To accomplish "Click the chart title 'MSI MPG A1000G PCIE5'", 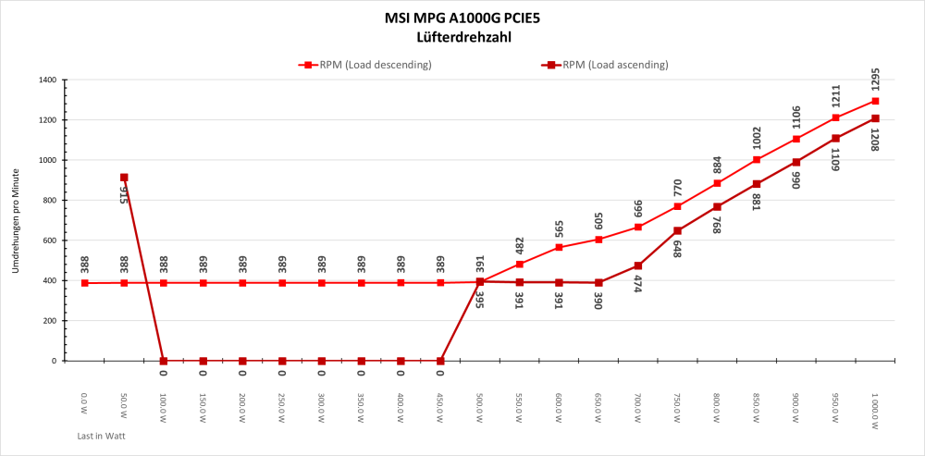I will pos(462,18).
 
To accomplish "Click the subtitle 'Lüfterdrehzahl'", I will pos(462,38).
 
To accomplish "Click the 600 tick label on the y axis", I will pos(50,240).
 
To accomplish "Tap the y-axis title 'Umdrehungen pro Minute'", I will pos(16,220).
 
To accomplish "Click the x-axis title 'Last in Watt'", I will pos(101,434).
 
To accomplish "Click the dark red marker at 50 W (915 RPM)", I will pos(124,178).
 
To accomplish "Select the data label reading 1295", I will pos(875,79).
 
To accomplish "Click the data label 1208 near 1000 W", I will pos(875,140).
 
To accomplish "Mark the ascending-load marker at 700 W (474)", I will pos(638,266).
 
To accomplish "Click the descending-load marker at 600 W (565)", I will pos(559,248).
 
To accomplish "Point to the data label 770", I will pos(678,189).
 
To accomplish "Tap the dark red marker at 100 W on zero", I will pos(164,361).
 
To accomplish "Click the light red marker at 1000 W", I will pos(875,102).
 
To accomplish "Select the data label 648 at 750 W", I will pos(678,248).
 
